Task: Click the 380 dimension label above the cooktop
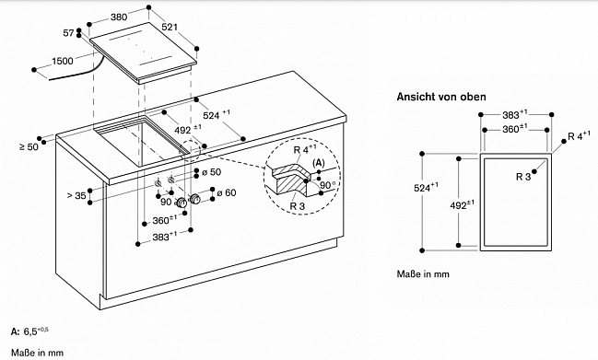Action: pos(119,17)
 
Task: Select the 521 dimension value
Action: pos(170,27)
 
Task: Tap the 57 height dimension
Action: pos(68,33)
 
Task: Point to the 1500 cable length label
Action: pos(62,61)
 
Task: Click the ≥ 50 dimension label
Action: pos(29,146)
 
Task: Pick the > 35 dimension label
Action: pos(76,195)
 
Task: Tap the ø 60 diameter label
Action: pos(227,193)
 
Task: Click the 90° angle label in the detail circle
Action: pos(328,185)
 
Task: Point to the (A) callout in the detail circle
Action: pos(319,163)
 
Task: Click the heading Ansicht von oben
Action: pos(441,97)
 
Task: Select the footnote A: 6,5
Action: pos(29,331)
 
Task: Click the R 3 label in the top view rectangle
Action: pos(523,177)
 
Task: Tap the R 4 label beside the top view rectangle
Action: pos(579,136)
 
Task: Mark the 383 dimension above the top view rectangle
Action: pos(514,114)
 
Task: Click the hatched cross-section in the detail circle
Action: pos(290,183)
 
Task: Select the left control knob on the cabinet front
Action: pos(182,203)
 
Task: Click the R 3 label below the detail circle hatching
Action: pos(298,206)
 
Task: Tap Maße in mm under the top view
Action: pos(423,273)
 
